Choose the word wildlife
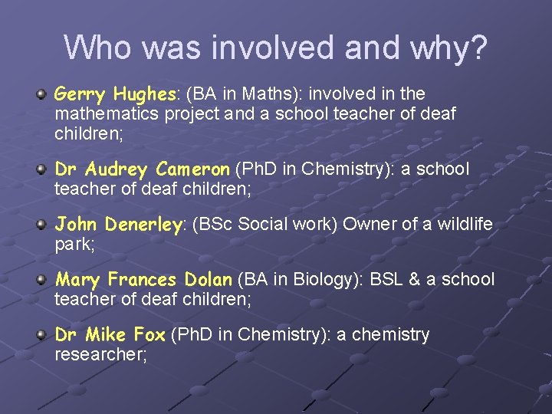(465, 225)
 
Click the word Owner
(366, 225)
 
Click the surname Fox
(149, 335)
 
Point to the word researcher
(100, 355)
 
